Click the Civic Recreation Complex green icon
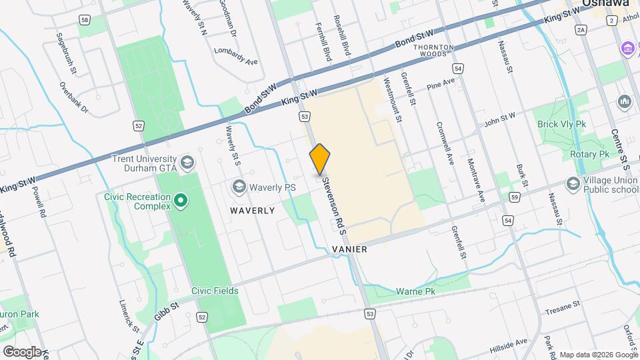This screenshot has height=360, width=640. coord(179,200)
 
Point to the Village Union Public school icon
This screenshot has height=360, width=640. coord(573,183)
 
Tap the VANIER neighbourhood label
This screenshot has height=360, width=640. coord(349,249)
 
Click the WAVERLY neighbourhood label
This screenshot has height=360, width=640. coord(253,211)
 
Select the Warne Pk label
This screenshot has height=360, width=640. coord(415,291)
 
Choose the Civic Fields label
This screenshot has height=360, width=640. coord(215,291)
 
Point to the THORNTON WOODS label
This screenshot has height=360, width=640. coord(433,51)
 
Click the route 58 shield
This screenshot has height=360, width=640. coord(84,21)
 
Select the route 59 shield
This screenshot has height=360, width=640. coord(514,197)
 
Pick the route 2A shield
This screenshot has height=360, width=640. coord(581,30)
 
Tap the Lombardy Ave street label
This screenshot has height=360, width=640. coord(235,56)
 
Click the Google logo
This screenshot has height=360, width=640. coord(21,351)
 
